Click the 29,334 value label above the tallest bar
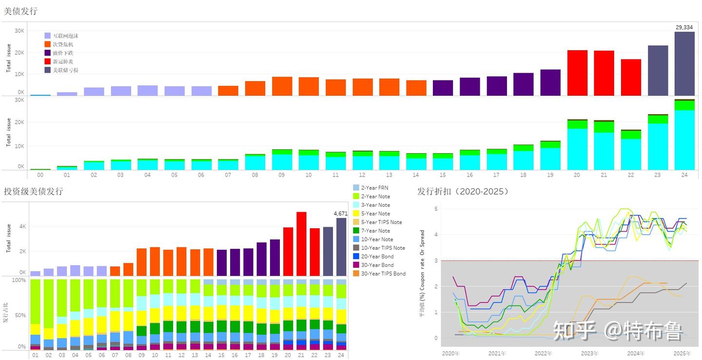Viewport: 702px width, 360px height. tap(684, 27)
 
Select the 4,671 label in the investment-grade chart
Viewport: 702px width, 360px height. tap(340, 214)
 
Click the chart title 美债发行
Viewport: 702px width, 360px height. tap(20, 11)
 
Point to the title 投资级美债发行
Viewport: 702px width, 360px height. tap(33, 191)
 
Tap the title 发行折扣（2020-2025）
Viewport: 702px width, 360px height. tap(463, 191)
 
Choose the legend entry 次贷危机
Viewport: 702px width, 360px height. tap(63, 44)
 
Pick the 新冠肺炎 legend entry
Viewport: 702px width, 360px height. tap(63, 61)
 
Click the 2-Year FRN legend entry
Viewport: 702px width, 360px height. tap(374, 188)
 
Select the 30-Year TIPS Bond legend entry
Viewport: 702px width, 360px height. tap(383, 274)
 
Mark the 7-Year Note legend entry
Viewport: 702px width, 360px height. tap(375, 231)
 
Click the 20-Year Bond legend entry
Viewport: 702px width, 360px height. tap(377, 257)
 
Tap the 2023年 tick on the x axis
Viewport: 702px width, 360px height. tap(589, 353)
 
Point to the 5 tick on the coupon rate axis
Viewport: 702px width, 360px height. tap(436, 209)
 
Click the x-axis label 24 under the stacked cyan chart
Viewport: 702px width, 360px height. tap(684, 175)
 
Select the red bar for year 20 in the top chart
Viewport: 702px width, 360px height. tap(577, 73)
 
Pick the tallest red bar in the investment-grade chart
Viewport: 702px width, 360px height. tap(301, 244)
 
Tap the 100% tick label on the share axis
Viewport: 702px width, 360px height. tap(19, 280)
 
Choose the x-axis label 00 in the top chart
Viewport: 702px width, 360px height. tap(40, 175)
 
